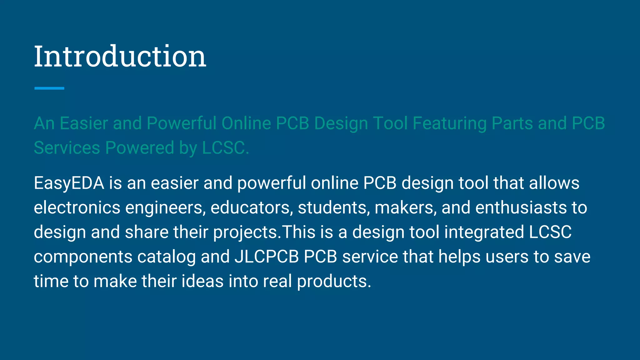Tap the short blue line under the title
point(49,88)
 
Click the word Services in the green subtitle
point(67,147)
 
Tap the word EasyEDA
point(69,183)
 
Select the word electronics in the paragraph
point(77,207)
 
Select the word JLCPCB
point(267,257)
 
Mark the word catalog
point(166,257)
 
